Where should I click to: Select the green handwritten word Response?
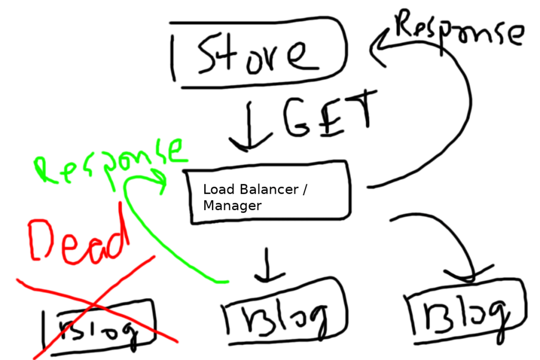tap(111, 160)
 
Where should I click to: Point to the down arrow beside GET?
tap(248, 127)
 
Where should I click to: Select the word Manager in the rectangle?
tap(232, 205)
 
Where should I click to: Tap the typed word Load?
tap(215, 190)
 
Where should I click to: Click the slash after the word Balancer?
tap(304, 190)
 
